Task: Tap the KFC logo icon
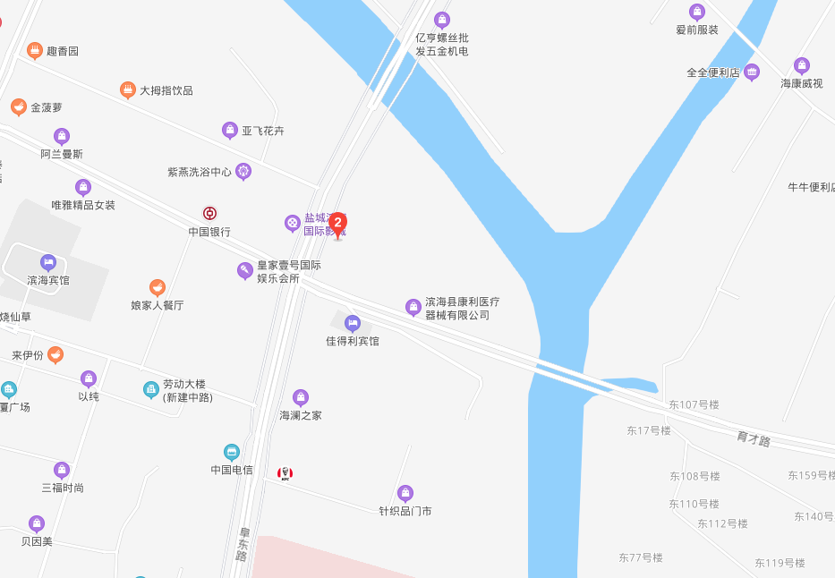285,473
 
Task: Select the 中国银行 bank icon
209,213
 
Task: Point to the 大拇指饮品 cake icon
128,89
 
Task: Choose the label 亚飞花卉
262,131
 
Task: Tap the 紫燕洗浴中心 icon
243,171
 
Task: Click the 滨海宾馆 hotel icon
48,262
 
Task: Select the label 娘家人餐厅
157,305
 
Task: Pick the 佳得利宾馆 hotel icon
353,323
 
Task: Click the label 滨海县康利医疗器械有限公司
462,309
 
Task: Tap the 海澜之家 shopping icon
301,397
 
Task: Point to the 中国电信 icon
232,452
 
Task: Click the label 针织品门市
405,511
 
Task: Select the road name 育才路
754,438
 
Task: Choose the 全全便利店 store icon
752,72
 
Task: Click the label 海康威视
801,83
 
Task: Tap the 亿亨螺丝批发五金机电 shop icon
441,20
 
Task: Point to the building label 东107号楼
694,404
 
